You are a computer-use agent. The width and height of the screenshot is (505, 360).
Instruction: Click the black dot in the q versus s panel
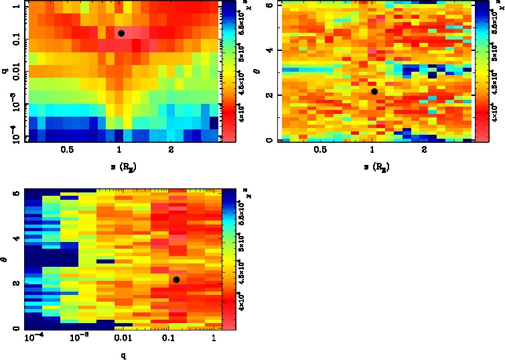pyautogui.click(x=121, y=33)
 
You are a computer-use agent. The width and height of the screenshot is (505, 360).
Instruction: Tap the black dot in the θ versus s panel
pyautogui.click(x=374, y=91)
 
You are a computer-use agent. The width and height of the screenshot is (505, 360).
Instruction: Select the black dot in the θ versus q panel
pyautogui.click(x=176, y=280)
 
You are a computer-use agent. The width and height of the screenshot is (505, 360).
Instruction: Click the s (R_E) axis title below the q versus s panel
pyautogui.click(x=120, y=165)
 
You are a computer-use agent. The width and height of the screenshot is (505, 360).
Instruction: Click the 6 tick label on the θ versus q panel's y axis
pyautogui.click(x=16, y=193)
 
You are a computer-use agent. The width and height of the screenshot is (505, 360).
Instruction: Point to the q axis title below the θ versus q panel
pyautogui.click(x=123, y=354)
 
